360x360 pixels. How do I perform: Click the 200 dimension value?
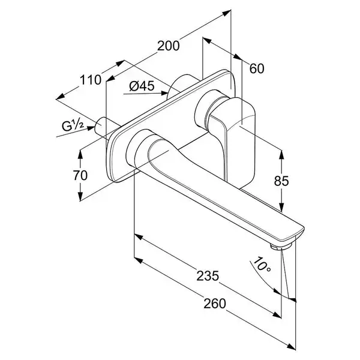point(168,46)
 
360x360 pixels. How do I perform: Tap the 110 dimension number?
point(91,80)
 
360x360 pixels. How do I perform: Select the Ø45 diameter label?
point(142,86)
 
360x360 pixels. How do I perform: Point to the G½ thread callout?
point(73,126)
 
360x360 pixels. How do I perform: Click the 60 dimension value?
point(257,68)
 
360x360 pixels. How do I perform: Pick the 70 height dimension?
point(80,175)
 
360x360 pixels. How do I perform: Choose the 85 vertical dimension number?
point(281,181)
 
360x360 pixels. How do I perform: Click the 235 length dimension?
point(208,276)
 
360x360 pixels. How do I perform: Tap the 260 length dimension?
point(215,304)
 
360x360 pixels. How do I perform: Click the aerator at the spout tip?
point(280,247)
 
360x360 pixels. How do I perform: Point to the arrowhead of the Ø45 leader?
point(165,93)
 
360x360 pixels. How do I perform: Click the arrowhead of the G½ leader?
point(91,128)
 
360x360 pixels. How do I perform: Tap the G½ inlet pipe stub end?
point(100,125)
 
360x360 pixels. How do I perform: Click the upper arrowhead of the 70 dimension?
point(80,154)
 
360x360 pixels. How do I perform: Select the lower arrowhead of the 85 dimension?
point(281,207)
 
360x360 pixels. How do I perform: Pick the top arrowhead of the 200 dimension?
point(227,13)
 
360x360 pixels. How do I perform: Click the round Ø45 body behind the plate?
point(181,84)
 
